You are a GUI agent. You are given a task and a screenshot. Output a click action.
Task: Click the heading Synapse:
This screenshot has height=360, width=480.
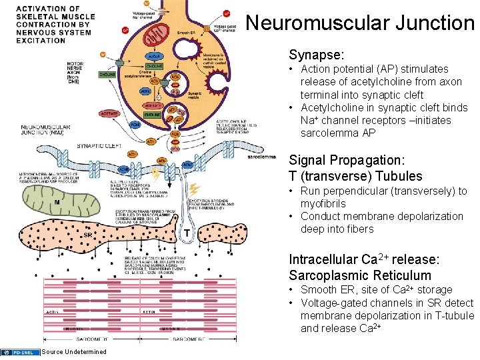pos(317,54)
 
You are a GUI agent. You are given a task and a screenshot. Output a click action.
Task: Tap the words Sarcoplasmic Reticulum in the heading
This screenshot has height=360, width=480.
pos(360,275)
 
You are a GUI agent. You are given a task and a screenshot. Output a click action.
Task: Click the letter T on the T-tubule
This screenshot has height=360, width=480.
pos(188,233)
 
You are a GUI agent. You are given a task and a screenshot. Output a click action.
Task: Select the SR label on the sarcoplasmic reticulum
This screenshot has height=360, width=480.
pos(87,235)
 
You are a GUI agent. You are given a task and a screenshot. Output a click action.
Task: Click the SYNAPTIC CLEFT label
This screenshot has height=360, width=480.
pos(98,145)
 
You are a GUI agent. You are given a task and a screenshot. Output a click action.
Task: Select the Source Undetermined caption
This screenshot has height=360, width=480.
pos(73,352)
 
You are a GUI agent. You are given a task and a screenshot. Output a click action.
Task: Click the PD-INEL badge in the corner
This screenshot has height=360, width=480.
pos(19,352)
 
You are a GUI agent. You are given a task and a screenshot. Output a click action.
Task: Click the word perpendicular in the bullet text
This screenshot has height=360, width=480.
pos(398,191)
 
